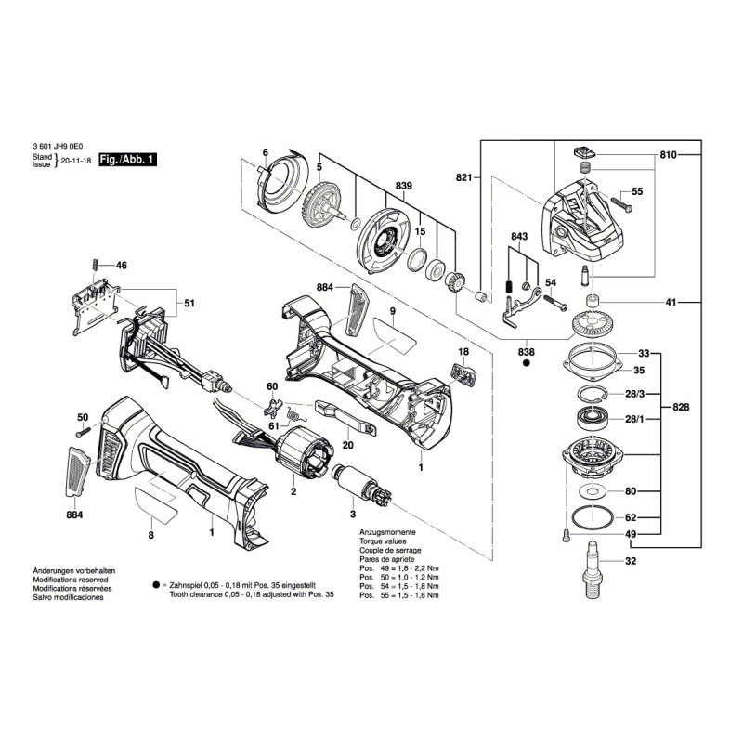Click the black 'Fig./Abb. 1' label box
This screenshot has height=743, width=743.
pos(127,160)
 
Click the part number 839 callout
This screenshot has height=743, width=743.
pos(404,186)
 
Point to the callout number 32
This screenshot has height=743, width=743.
pos(631,562)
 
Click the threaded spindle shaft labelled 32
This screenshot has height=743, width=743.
pos(591,566)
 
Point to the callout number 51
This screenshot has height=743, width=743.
pos(189,303)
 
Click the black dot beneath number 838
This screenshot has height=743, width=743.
pos(526,365)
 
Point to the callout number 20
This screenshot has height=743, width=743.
pos(347,444)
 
